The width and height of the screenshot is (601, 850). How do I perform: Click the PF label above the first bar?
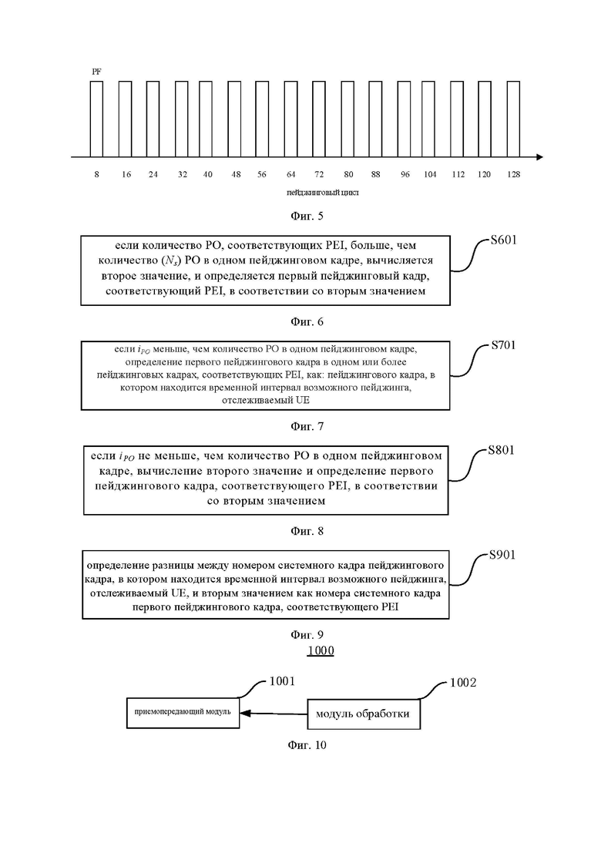coord(96,71)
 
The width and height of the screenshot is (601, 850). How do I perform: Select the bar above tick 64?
coord(290,119)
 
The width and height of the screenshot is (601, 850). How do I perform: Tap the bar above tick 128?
coord(513,119)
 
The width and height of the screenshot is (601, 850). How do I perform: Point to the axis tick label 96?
coord(405,175)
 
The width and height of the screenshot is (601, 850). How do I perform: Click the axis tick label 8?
coord(96,175)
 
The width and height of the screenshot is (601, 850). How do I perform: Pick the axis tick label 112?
coord(458,175)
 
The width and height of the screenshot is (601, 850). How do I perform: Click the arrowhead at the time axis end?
coord(539,157)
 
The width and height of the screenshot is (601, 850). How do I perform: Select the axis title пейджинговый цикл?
coord(322,193)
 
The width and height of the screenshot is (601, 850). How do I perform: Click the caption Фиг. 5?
coord(307,216)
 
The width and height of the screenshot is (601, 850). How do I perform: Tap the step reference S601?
coord(503,240)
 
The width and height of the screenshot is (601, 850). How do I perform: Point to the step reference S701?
coord(503,344)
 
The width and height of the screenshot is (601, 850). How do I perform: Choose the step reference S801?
coord(502,450)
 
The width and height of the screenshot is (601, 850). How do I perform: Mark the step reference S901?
coord(502,555)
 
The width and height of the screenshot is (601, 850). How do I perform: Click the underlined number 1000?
coord(321,650)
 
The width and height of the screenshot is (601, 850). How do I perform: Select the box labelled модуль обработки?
coord(364,714)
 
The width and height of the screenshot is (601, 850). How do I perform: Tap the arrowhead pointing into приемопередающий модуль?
coord(245,713)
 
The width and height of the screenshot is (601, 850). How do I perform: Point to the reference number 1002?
coord(463,683)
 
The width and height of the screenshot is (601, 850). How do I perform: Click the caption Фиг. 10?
coord(307,745)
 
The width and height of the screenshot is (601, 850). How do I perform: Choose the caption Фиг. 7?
coord(307,426)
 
